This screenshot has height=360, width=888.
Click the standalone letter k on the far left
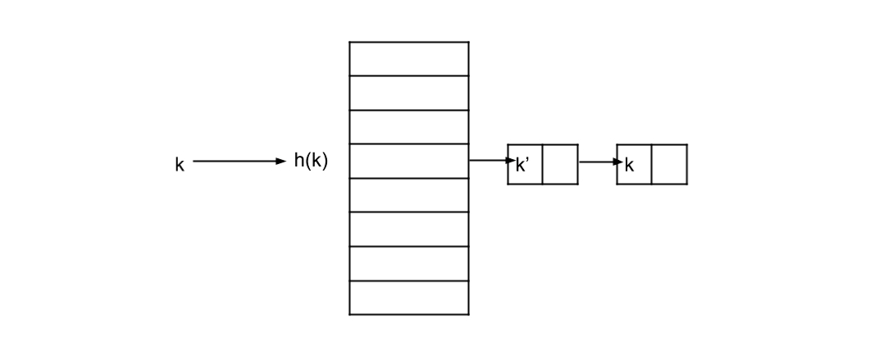pos(180,165)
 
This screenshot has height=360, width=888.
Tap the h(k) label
pos(311,161)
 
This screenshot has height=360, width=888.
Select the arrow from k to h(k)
pos(238,162)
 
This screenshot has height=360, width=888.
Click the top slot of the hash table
pos(408,59)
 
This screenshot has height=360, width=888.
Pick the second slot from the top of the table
pos(408,93)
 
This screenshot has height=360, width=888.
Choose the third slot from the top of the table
pos(408,127)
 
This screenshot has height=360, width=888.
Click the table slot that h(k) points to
pos(408,161)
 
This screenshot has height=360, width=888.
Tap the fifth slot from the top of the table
pos(408,195)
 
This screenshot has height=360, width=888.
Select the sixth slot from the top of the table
pos(408,230)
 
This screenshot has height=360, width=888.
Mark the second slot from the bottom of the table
pos(408,263)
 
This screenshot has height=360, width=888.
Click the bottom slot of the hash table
pos(408,298)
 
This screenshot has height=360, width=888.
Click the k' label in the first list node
pos(523,165)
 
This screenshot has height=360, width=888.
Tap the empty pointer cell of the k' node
pos(560,165)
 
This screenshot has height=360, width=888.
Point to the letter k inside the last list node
pos(630,165)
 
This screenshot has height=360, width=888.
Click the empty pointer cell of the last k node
pos(669,165)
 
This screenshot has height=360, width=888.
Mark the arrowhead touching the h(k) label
pos(281,162)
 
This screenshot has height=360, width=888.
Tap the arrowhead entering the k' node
pos(509,161)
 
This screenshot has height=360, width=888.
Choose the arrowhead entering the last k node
pos(619,162)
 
